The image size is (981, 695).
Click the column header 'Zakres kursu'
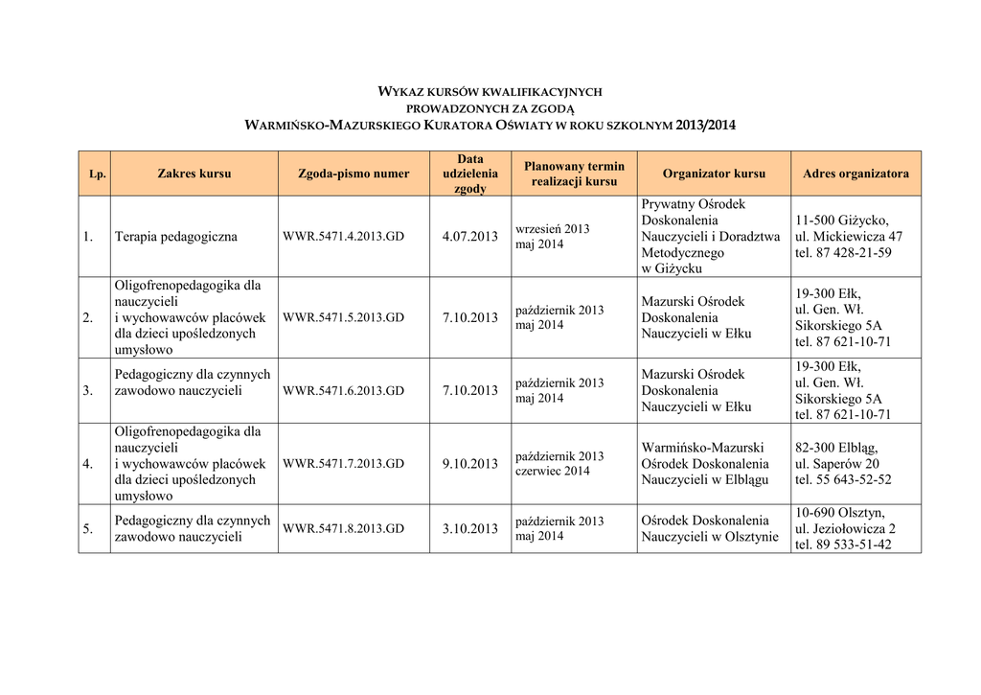click(194, 174)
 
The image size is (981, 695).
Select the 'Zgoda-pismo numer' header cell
click(354, 174)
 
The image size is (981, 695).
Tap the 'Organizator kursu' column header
click(714, 174)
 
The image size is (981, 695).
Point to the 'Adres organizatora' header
click(856, 174)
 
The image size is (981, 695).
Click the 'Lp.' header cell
click(97, 174)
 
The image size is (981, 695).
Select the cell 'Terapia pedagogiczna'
click(176, 237)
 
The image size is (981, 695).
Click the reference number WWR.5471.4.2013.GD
click(344, 237)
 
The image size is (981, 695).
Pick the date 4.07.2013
click(470, 237)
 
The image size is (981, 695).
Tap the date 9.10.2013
click(470, 464)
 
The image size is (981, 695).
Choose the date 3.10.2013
click(470, 528)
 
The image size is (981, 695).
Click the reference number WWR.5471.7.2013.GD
click(344, 464)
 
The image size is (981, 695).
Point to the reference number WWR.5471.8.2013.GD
click(344, 528)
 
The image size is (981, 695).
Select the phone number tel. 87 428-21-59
click(843, 253)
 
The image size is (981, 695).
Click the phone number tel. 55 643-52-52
click(843, 479)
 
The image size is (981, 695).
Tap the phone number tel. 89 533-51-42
click(843, 544)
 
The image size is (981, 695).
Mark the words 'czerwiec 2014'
click(553, 472)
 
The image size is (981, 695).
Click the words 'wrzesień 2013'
click(553, 229)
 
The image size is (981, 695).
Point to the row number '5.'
click(87, 528)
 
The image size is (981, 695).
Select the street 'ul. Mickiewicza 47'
click(849, 237)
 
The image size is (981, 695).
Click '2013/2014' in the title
click(706, 126)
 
